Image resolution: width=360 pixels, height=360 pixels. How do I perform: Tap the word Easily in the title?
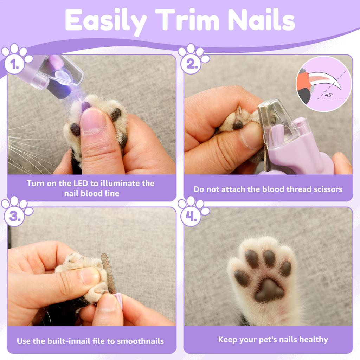coord(105,21)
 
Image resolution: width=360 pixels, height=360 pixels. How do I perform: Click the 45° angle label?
coord(329,95)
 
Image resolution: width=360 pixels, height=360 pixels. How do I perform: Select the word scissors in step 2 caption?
coord(325,189)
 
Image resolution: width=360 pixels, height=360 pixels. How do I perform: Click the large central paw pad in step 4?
coord(269,290)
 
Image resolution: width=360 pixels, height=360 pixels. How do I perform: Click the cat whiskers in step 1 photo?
coord(25,148)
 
